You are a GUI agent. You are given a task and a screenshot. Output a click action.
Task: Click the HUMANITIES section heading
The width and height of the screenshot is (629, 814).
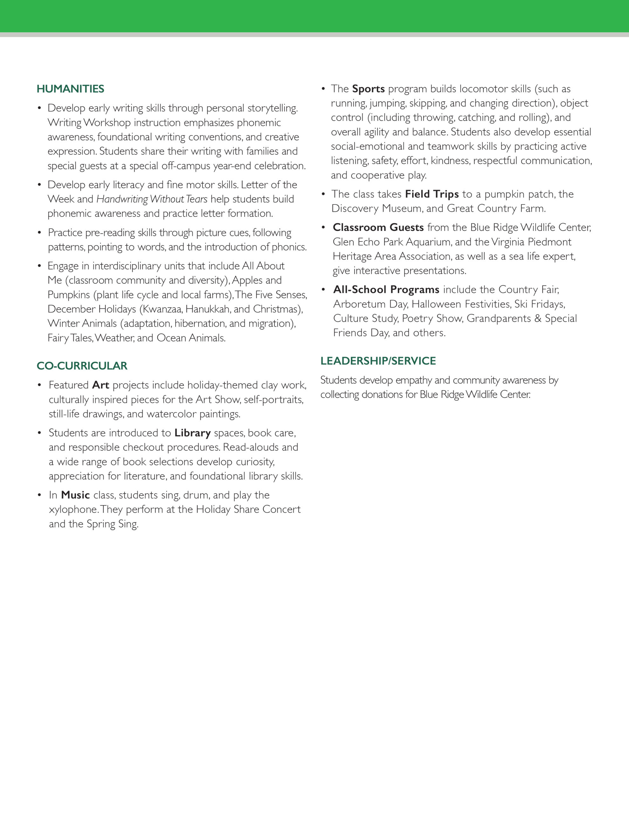coord(71,89)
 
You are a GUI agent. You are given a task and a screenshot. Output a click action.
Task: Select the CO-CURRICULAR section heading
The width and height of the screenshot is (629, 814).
coord(82,366)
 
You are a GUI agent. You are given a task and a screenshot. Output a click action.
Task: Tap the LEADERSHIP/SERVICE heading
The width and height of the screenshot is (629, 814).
coord(378,361)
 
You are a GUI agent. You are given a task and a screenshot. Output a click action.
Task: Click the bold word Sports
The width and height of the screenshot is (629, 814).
coord(368,89)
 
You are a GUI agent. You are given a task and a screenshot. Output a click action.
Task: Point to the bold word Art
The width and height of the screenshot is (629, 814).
coord(101,385)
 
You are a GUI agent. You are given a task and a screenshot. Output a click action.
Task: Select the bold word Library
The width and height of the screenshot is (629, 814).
coord(192,433)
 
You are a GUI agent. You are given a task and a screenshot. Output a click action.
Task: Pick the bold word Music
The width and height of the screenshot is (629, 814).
coord(75,495)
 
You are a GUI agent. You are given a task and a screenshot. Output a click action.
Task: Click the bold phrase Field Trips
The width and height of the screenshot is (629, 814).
coord(432,194)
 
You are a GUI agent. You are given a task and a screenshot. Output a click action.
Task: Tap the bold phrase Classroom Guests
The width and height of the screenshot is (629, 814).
coord(378,227)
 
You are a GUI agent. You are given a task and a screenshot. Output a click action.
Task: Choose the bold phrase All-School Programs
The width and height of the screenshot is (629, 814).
coord(386,290)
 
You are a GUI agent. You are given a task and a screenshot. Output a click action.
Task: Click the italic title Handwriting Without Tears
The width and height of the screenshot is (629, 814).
coord(152,199)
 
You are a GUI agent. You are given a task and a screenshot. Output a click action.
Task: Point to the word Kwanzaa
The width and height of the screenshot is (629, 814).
coord(162,309)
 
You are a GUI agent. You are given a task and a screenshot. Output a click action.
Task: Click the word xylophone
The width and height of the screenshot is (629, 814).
coord(73,509)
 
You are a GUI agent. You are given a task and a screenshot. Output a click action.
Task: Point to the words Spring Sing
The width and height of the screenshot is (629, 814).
coord(112,524)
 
